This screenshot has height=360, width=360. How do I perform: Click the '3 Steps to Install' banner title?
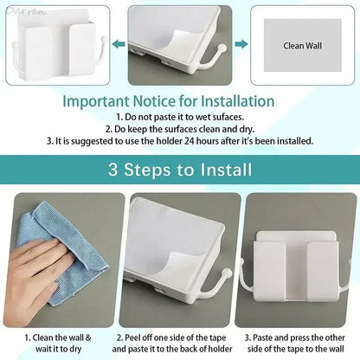coord(179,170)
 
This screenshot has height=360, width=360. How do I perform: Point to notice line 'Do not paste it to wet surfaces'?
coord(179,117)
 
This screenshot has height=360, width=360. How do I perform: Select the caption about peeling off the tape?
coord(180,343)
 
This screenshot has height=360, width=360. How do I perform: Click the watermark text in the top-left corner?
coord(19,7)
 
